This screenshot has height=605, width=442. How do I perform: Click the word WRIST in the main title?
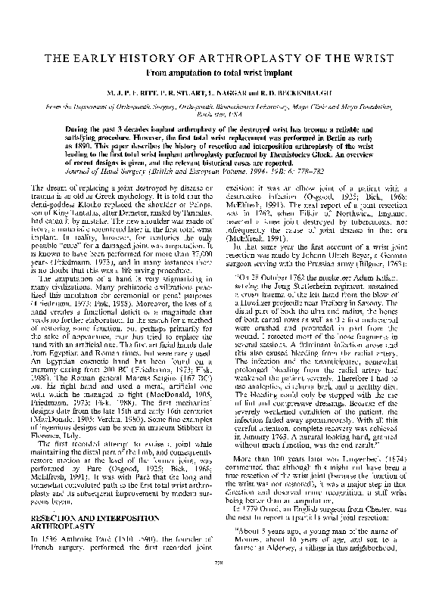pyautogui.click(x=376, y=60)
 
